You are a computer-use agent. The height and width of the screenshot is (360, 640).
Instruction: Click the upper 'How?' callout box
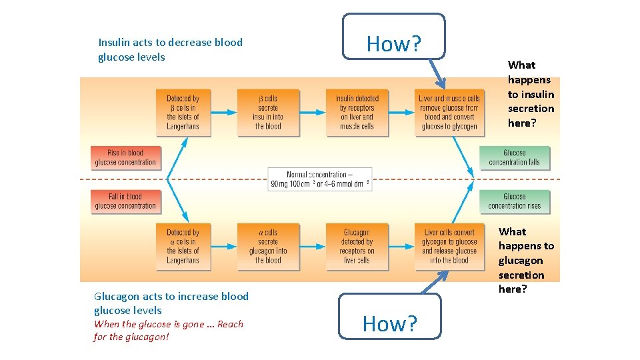pos(393,43)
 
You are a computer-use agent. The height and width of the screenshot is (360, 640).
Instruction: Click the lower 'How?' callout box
pos(390,323)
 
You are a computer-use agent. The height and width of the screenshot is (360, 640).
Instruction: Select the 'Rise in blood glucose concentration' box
pos(126,157)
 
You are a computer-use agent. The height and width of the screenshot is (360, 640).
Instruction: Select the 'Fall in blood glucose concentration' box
pos(126,201)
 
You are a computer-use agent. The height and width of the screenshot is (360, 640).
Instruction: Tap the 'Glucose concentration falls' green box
pos(515,157)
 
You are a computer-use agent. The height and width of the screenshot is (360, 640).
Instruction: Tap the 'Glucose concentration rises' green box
pos(515,201)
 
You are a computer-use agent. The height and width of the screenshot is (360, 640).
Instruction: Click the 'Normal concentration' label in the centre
pos(320,179)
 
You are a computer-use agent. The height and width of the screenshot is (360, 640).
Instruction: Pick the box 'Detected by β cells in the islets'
pos(183,113)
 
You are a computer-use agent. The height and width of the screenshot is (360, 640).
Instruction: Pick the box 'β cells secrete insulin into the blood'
pos(268,113)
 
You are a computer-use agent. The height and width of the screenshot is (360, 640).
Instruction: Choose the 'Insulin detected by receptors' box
pos(357,113)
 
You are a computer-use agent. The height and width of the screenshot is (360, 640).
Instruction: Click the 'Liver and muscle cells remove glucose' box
pos(449,113)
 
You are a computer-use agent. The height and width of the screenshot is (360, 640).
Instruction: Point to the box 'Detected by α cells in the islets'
pos(183,247)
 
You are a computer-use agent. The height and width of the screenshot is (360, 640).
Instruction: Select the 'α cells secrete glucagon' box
pos(268,247)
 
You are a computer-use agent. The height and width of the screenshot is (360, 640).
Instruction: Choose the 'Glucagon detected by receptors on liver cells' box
pos(357,247)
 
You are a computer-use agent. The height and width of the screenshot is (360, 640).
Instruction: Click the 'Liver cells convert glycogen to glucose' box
pos(449,247)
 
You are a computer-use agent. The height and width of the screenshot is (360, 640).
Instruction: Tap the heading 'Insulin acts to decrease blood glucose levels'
pos(170,49)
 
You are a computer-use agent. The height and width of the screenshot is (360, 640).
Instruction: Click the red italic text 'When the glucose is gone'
pos(169,330)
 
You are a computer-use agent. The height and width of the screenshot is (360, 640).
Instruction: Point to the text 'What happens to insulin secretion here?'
pos(531,94)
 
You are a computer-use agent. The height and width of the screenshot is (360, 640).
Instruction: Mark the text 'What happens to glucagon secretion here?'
pos(525,260)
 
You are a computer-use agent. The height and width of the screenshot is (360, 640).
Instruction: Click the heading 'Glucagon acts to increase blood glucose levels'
pos(171,303)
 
